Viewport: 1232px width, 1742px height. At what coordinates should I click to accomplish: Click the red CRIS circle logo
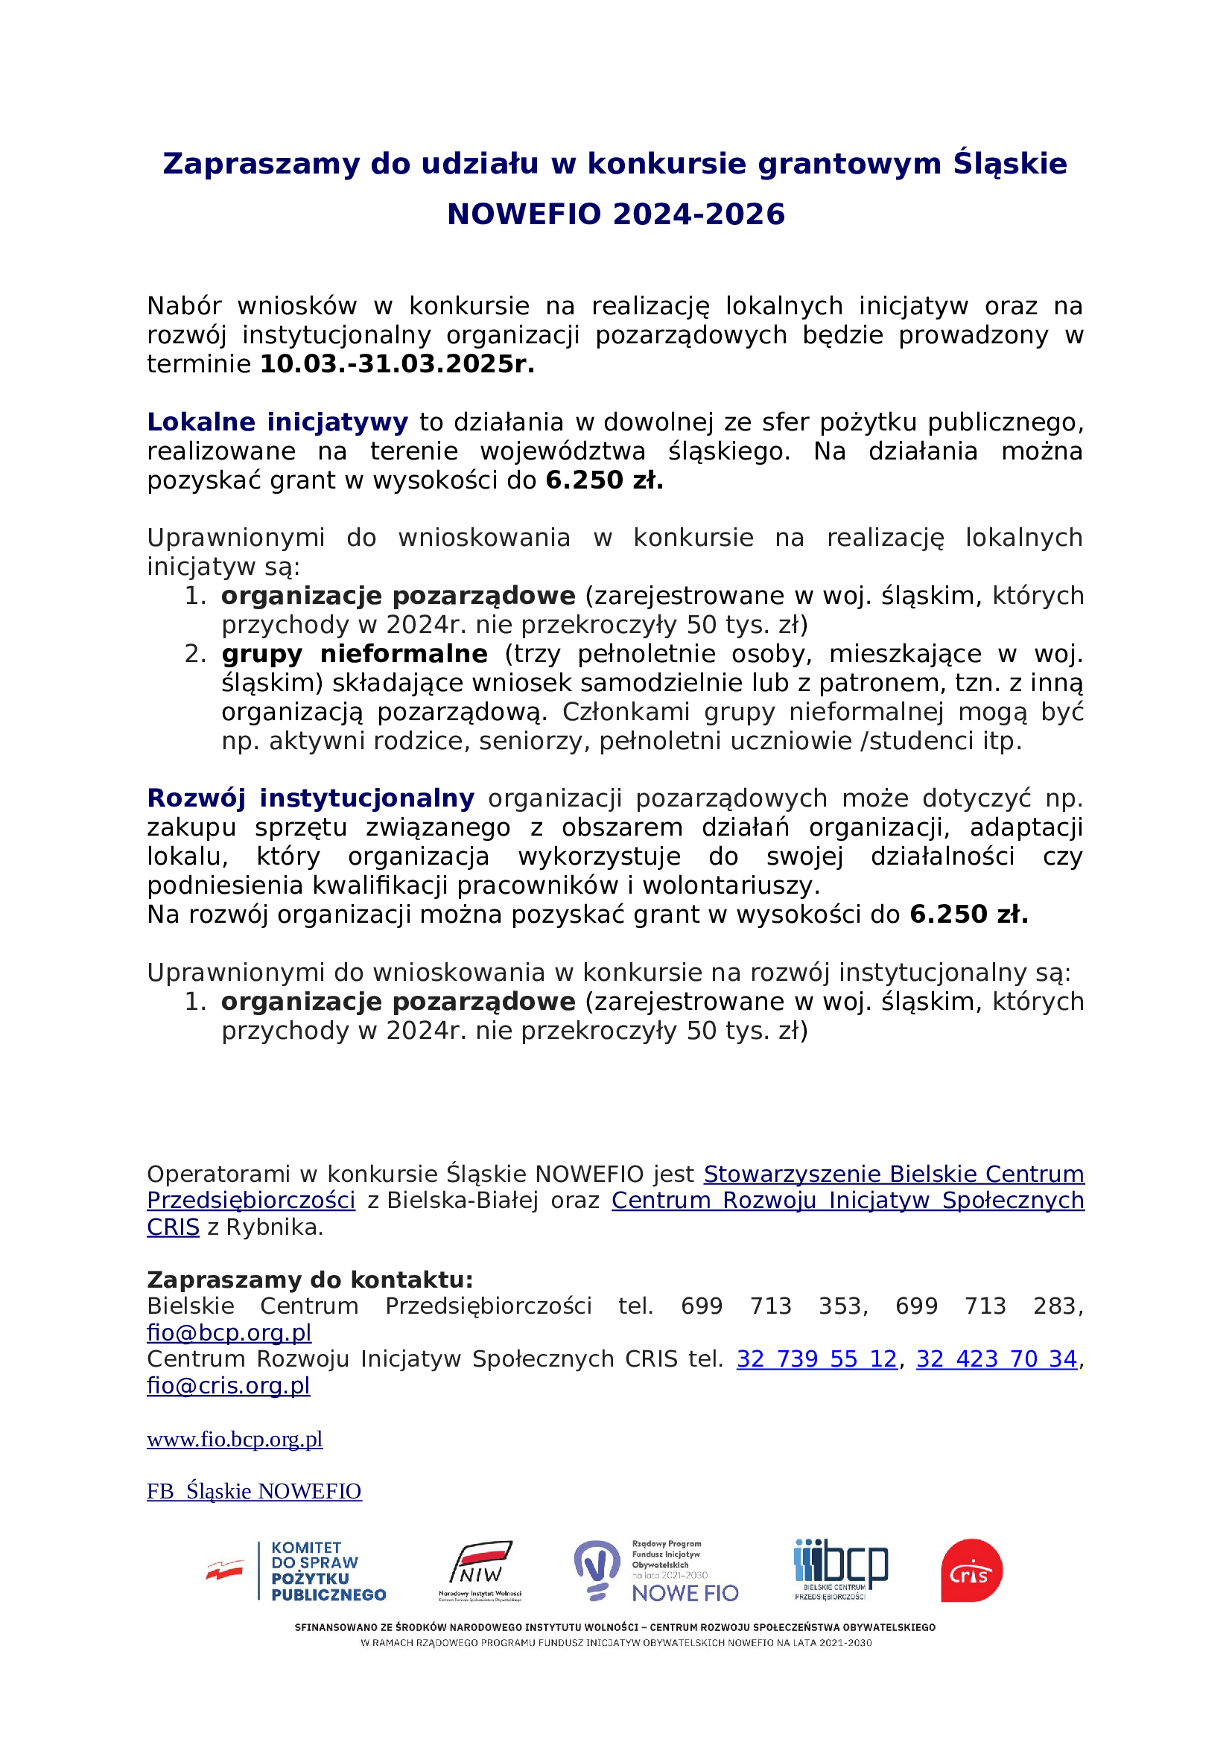pyautogui.click(x=972, y=1571)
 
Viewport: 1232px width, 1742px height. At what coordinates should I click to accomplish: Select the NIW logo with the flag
pyautogui.click(x=480, y=1569)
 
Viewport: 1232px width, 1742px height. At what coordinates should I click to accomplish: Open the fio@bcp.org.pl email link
pyautogui.click(x=229, y=1332)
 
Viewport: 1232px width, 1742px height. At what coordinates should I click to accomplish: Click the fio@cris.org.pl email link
pyautogui.click(x=229, y=1385)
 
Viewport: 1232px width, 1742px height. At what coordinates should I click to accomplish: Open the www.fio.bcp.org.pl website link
pyautogui.click(x=235, y=1440)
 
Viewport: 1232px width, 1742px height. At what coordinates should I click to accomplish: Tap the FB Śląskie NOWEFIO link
pyautogui.click(x=254, y=1492)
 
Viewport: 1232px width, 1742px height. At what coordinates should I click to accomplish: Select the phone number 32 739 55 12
pyautogui.click(x=817, y=1359)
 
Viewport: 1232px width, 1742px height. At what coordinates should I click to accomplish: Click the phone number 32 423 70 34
pyautogui.click(x=997, y=1359)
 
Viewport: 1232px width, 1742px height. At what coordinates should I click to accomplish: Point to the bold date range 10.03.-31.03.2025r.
pyautogui.click(x=398, y=364)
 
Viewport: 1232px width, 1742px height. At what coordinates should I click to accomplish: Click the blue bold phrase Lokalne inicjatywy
pyautogui.click(x=278, y=422)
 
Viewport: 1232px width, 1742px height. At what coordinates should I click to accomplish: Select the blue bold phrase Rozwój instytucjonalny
pyautogui.click(x=311, y=798)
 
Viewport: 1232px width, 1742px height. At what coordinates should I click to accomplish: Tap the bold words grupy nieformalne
pyautogui.click(x=355, y=654)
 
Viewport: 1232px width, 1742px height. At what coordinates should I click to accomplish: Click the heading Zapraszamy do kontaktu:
pyautogui.click(x=310, y=1280)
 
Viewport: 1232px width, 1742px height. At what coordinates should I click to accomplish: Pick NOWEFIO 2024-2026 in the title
pyautogui.click(x=616, y=214)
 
